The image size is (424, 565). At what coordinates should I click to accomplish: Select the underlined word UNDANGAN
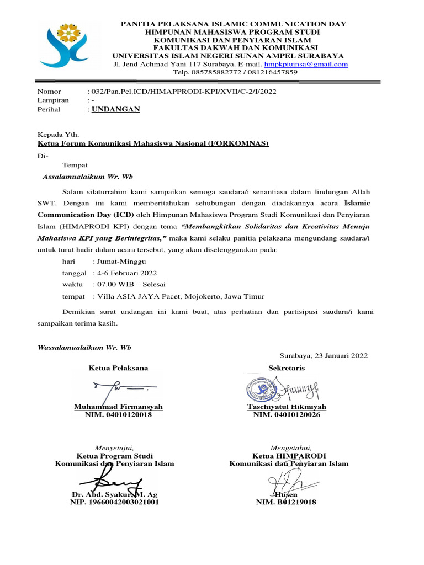115,109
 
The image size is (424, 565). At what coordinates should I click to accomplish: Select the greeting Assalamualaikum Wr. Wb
88,177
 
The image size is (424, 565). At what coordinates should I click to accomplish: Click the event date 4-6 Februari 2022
125,273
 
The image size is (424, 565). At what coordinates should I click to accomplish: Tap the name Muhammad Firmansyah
118,407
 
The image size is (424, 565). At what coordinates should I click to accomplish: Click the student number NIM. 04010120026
286,415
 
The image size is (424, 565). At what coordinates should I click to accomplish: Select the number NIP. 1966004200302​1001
114,503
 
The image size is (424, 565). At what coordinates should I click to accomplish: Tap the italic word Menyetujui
114,447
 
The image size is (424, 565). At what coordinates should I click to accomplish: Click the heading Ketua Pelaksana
118,368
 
